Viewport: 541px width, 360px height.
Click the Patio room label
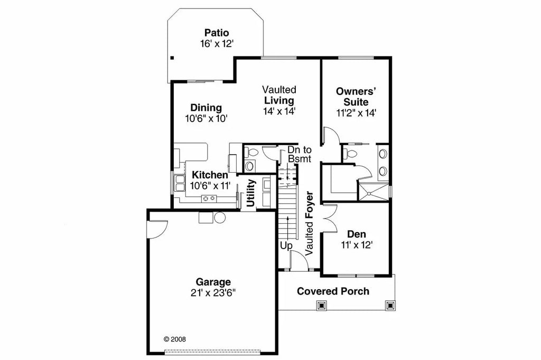[217, 33]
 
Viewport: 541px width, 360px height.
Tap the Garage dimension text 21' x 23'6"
[213, 293]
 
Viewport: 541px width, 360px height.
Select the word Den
[357, 234]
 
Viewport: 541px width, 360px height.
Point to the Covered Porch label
[333, 291]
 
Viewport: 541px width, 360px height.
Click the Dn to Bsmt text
[300, 154]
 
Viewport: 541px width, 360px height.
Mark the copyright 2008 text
[175, 339]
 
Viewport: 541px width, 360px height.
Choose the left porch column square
[321, 305]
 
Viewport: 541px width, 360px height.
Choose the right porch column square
[390, 305]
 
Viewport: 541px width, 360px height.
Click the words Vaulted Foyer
[310, 222]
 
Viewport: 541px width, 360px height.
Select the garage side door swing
[158, 228]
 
